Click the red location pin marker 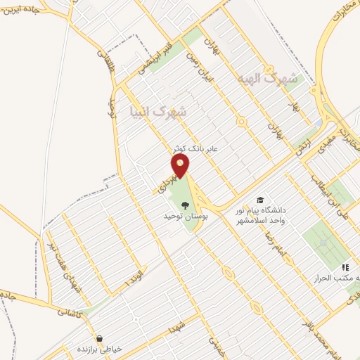coord(181,166)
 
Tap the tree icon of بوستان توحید coord(185,205)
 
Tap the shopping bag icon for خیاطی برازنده coord(99,339)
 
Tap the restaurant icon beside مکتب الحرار coord(345,267)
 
